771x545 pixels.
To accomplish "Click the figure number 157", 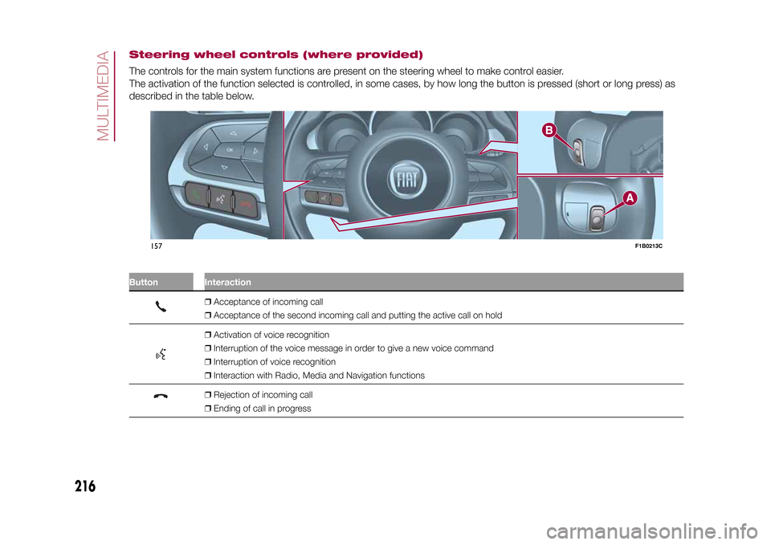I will (x=156, y=245).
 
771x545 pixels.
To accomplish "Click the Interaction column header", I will (x=227, y=283).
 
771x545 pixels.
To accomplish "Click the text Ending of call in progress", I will (x=263, y=409).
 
